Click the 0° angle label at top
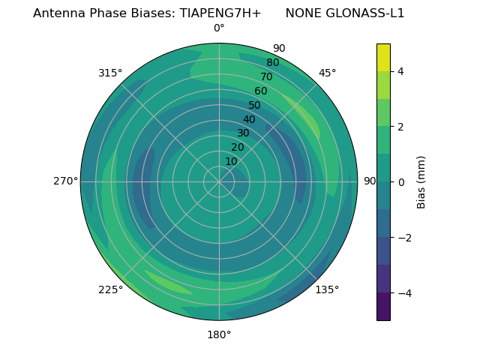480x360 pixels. click(219, 28)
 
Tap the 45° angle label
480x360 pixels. click(327, 73)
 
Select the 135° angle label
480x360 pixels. click(327, 289)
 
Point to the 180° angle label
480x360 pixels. click(219, 334)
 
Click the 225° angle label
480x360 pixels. click(110, 289)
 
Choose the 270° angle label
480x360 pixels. click(65, 181)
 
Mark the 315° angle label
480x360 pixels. click(110, 73)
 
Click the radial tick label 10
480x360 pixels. click(231, 161)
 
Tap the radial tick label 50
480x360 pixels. click(255, 105)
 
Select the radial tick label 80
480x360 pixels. click(273, 62)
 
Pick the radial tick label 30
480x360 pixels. click(243, 133)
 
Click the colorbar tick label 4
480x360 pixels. click(400, 71)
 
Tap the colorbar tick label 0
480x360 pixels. click(400, 182)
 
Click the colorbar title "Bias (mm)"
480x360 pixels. click(421, 182)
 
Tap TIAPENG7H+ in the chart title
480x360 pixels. click(220, 13)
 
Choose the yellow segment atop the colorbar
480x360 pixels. click(383, 57)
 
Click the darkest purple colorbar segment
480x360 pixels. click(383, 307)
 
